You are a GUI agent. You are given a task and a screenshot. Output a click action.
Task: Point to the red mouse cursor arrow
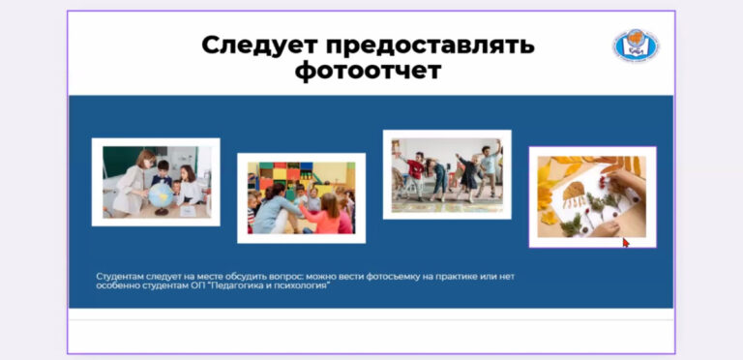coord(625,242)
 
